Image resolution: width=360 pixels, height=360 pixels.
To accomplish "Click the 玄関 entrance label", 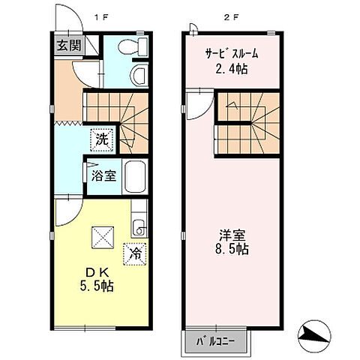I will point(68,44).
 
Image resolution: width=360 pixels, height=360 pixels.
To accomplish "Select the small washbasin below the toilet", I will point(137,75).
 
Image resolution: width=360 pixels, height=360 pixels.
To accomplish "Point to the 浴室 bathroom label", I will point(103,178).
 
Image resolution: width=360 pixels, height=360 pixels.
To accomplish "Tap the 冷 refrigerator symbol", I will point(136,253).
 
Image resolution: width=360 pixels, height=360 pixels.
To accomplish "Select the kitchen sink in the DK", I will point(137,226).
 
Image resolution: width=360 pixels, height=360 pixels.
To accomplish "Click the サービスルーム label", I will point(232,53).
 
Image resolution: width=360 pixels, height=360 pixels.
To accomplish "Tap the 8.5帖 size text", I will point(230,248).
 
